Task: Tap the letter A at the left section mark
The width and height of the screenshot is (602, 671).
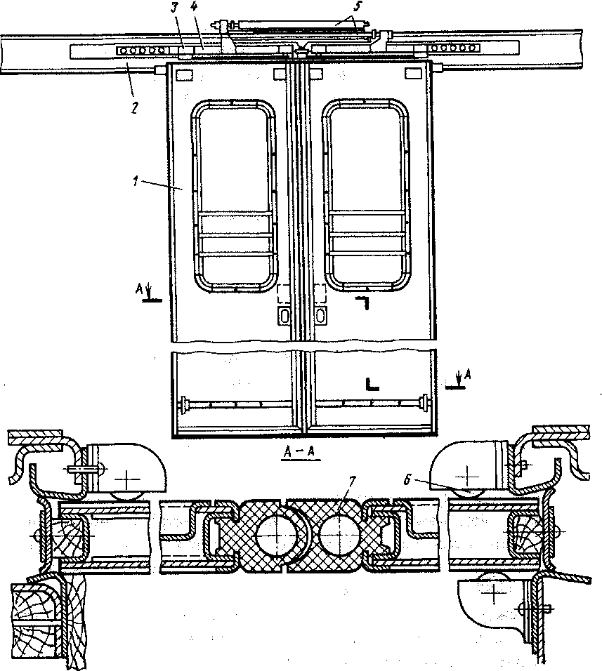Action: pyautogui.click(x=140, y=288)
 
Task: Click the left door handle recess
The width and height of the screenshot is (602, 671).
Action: pyautogui.click(x=284, y=315)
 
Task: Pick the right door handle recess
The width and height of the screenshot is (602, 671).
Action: pyautogui.click(x=320, y=315)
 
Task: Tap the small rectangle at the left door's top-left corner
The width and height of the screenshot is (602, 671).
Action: pyautogui.click(x=183, y=73)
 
